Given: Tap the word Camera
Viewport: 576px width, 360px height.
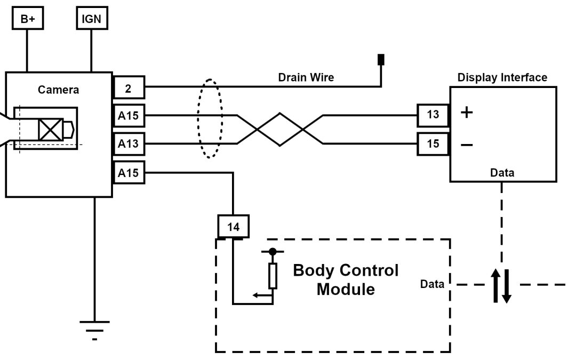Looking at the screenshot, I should pos(58,90).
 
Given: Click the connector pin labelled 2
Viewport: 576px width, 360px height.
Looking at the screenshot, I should pos(129,87).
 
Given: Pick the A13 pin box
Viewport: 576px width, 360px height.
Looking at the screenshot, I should pos(129,144).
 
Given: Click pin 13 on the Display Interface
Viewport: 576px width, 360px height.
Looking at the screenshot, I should pos(433,114).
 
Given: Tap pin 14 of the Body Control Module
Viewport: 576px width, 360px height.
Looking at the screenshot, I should pos(233,227).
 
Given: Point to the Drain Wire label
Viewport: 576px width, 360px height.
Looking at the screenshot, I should pos(306,77).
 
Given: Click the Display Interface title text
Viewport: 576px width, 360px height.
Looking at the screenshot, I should pos(502,77).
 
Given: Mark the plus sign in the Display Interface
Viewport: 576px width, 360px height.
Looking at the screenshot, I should pos(466,113).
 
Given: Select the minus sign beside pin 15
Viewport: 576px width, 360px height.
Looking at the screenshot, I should pos(466,145).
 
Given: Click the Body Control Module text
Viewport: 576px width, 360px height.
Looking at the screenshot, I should pos(346,280).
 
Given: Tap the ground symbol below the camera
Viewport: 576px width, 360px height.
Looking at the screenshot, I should pos(94,326).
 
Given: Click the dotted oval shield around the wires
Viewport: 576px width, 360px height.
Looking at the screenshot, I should pos(210,118).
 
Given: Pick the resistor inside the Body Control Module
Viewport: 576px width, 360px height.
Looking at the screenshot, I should pos(273,276).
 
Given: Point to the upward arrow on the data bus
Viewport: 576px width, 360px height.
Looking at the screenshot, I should pos(495,285).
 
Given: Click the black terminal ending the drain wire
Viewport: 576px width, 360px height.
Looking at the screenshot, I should pos(381,59).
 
